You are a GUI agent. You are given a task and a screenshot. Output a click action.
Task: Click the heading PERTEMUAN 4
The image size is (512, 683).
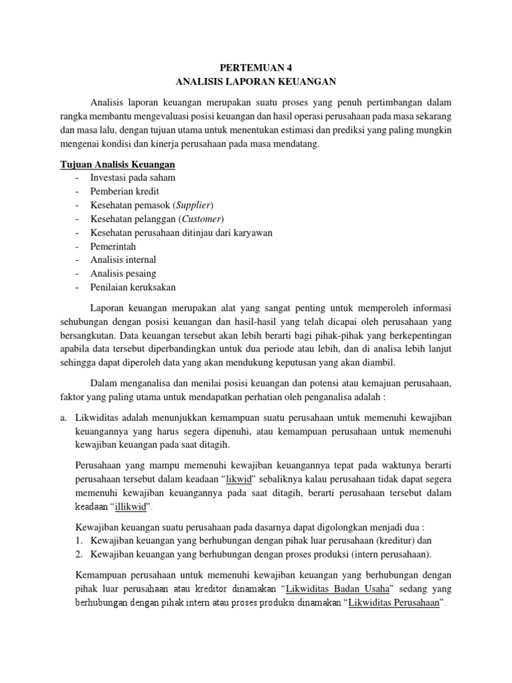tap(256, 67)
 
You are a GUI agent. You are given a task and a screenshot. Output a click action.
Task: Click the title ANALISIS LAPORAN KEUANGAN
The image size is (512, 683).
tap(256, 81)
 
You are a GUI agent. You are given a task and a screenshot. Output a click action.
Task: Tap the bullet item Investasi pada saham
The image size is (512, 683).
tap(133, 178)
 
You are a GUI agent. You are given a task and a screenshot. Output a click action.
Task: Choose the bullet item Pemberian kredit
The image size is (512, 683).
tap(125, 191)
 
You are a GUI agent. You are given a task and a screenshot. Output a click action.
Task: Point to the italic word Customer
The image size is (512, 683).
tap(201, 219)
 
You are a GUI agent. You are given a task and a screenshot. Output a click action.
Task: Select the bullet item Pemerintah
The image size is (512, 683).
tap(113, 246)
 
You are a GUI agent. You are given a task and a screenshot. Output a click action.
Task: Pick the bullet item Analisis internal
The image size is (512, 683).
tap(123, 259)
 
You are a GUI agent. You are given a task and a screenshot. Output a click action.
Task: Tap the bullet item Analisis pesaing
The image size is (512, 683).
tap(123, 273)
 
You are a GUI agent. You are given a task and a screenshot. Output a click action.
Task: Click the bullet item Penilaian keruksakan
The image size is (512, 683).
tap(133, 287)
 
